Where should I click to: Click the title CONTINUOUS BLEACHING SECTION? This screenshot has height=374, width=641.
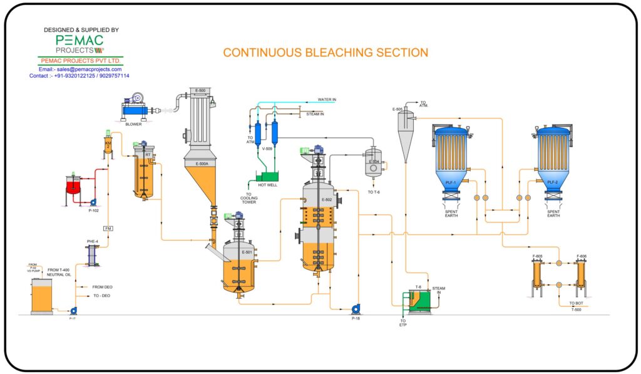326,53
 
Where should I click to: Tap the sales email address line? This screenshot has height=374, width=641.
80,69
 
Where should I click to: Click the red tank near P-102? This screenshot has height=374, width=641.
74,186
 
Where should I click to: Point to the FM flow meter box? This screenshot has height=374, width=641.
107,228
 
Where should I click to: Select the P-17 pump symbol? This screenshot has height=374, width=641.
73,310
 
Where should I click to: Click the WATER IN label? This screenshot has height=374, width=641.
327,99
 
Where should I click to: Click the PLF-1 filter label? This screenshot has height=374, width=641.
450,182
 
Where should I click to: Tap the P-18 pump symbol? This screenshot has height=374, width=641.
356,308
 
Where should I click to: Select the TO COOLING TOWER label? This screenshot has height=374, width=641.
250,198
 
